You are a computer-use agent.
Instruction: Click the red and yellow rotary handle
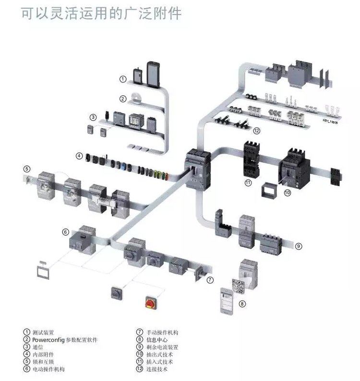(x=151, y=302)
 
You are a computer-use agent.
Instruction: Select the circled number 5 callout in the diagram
(x=27, y=168)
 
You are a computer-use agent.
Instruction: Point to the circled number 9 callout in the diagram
(x=298, y=246)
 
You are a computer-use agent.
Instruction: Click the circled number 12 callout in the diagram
(x=257, y=130)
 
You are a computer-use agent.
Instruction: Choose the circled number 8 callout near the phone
(x=242, y=304)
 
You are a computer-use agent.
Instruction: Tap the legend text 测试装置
(x=43, y=332)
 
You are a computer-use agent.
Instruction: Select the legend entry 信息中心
(x=156, y=340)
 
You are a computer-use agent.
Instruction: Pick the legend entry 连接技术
(x=156, y=369)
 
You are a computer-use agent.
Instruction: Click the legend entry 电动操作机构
(x=48, y=369)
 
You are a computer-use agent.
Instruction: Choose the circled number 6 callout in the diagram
(x=66, y=232)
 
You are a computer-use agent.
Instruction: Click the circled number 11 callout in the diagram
(x=248, y=182)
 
